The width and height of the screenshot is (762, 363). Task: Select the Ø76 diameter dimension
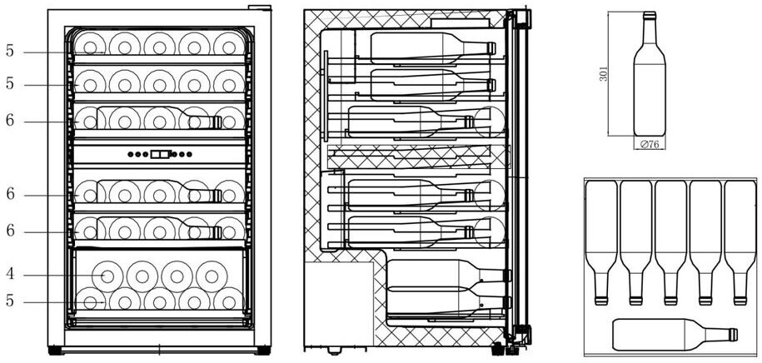649,144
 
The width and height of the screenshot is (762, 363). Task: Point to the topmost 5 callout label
10,51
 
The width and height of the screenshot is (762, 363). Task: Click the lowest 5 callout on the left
10,301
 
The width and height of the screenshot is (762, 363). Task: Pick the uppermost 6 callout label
10,121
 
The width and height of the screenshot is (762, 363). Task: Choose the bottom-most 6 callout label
10,231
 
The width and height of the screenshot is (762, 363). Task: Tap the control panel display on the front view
161,154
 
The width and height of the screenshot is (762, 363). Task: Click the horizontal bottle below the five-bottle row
673,335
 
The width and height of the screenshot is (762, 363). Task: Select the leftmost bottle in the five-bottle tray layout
601,237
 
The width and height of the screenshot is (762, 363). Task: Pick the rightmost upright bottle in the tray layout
740,237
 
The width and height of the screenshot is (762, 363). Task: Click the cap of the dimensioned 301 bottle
650,15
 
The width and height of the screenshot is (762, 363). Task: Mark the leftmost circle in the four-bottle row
107,275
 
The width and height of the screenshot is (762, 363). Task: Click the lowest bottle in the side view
446,301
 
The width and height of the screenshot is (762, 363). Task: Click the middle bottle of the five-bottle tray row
670,237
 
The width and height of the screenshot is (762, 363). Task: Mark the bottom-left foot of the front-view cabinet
55,351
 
